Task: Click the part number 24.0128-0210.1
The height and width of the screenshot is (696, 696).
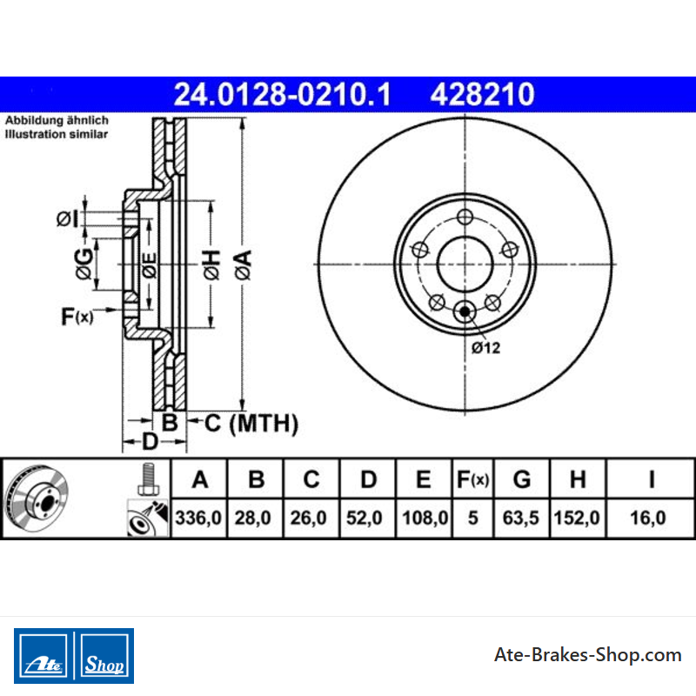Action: point(282,95)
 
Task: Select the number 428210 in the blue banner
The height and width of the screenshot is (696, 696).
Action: point(482,95)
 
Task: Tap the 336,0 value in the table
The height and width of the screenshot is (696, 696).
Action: point(198,518)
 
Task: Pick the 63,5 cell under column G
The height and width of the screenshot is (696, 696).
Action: point(520,518)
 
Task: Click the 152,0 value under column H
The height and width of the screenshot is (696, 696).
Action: point(577,518)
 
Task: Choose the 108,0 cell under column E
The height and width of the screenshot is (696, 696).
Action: point(425,518)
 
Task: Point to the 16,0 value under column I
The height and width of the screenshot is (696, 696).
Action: point(648,518)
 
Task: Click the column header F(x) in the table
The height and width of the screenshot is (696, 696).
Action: point(472,479)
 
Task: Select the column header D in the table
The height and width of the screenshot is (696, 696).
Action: point(368,479)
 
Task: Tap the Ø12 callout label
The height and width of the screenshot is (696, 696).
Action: point(485,347)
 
